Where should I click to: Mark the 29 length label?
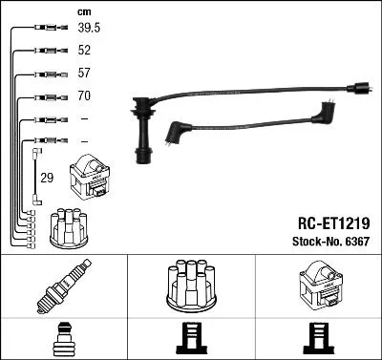coord(46,179)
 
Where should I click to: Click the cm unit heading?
coord(83,11)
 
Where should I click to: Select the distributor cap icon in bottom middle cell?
coord(190,285)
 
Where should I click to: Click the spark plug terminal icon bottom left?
coord(64,339)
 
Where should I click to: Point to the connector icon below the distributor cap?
coord(190,339)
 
